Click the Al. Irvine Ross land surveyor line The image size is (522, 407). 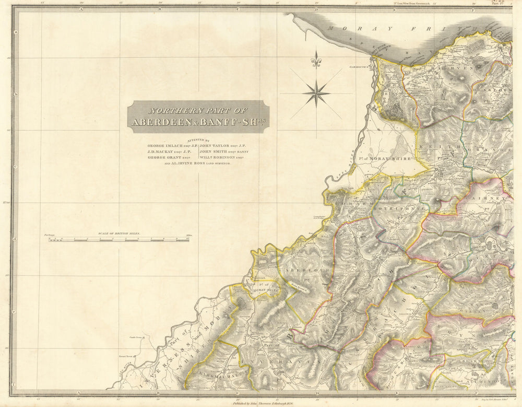pyautogui.click(x=197, y=164)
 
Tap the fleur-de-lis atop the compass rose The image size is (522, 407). pyautogui.click(x=316, y=61)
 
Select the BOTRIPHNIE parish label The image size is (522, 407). pyautogui.click(x=386, y=207)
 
